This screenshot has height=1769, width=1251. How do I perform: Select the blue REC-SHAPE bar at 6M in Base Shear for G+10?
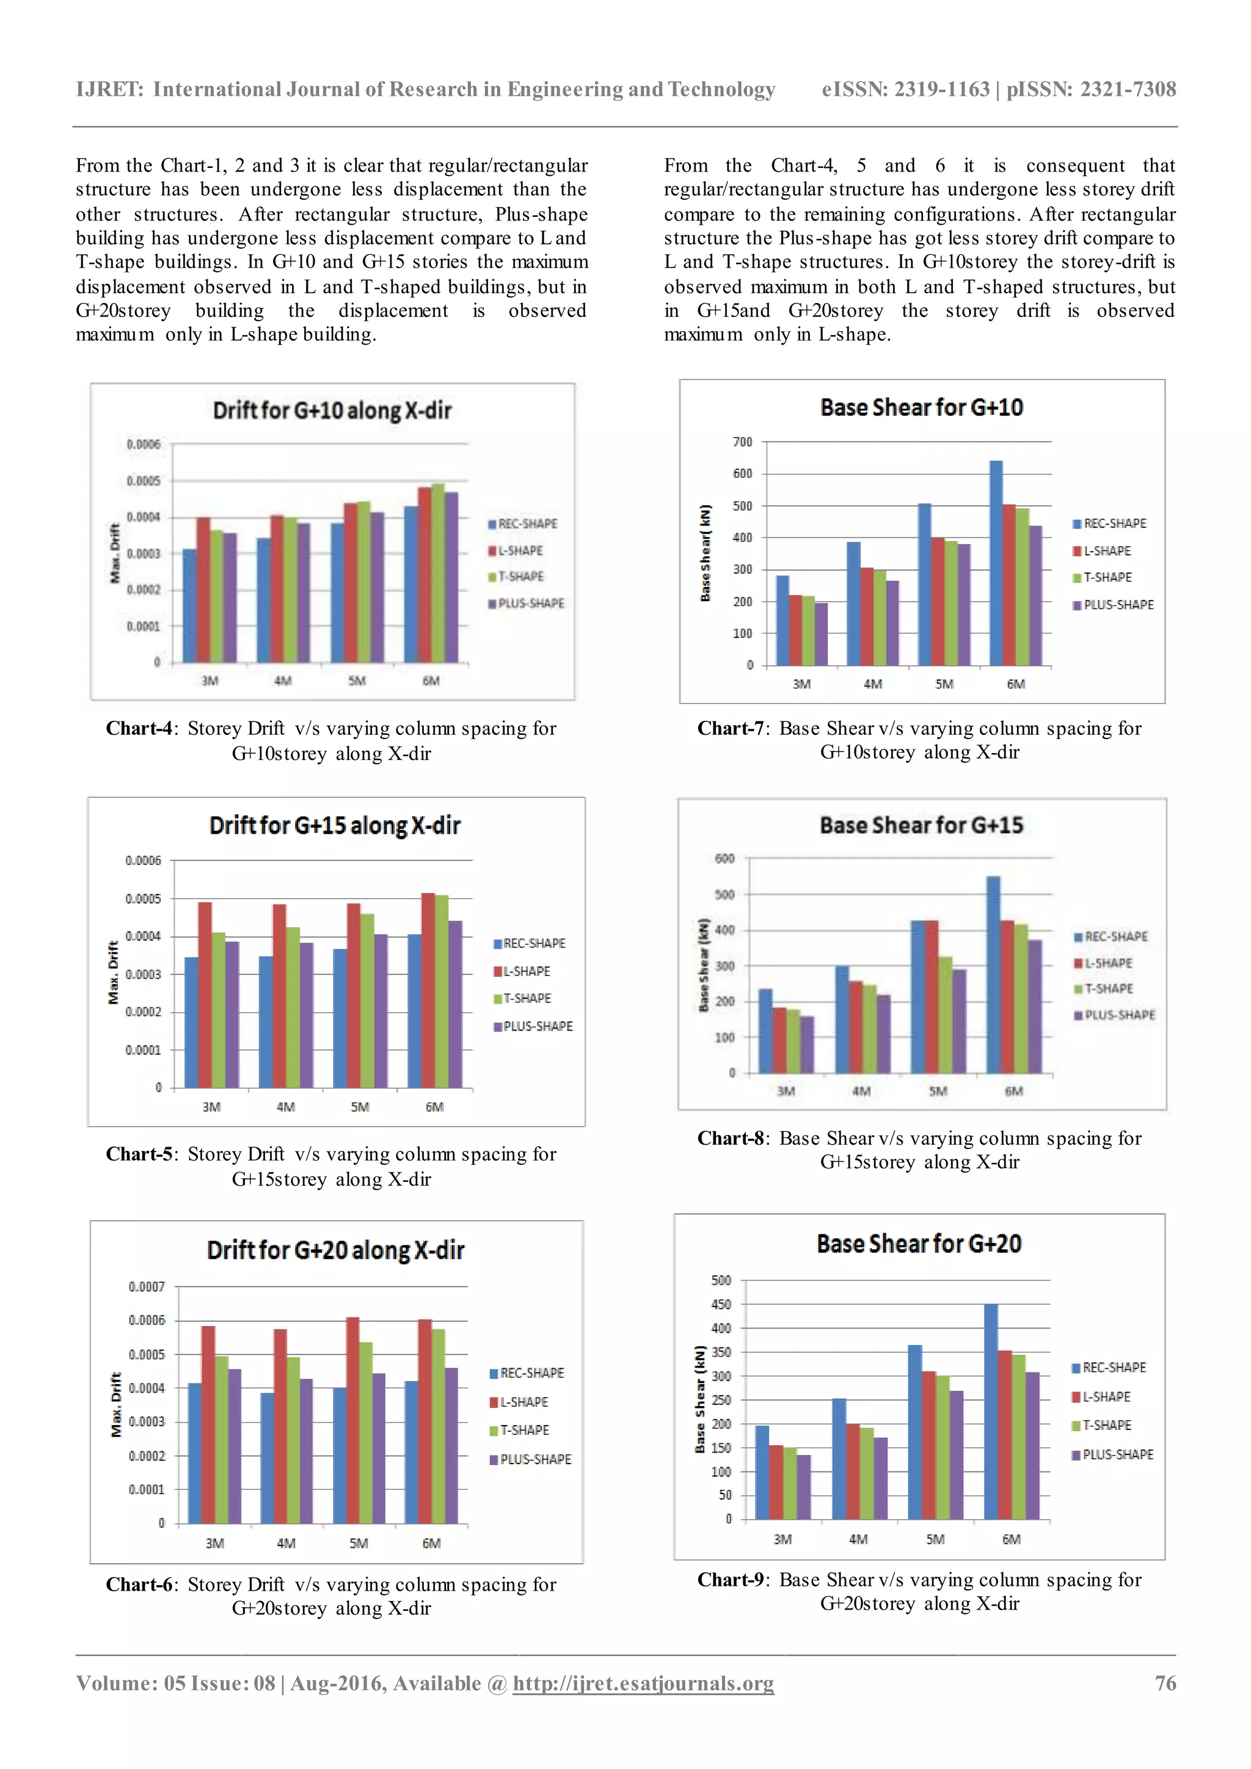pos(996,563)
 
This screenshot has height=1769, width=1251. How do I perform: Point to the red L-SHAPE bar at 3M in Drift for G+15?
pos(205,994)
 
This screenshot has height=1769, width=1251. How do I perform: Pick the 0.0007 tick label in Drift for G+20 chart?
pos(147,1286)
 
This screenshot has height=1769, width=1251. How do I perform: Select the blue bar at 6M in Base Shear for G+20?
pos(991,1412)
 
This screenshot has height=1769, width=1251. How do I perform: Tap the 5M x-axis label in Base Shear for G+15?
pos(938,1092)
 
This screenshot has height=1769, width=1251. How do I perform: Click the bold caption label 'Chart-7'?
pos(732,728)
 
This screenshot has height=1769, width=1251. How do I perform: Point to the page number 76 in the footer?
pos(1165,1683)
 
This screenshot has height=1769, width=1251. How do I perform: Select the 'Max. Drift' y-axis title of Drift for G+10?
pos(115,553)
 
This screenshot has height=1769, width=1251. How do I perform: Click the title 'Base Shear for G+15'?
pos(921,825)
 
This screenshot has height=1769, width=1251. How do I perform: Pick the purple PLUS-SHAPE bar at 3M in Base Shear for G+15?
pos(806,1045)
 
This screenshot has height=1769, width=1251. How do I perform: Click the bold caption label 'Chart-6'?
pos(141,1585)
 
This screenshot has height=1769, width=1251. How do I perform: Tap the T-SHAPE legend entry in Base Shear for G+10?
pos(1107,577)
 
